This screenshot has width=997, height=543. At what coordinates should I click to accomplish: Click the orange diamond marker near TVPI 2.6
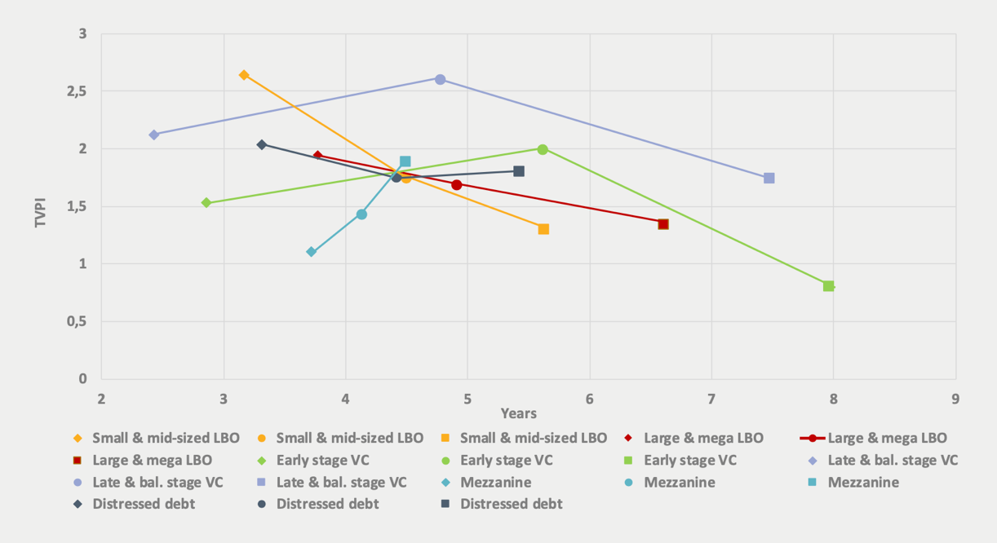[244, 75]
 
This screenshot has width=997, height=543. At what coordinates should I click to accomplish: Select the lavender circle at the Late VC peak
[440, 79]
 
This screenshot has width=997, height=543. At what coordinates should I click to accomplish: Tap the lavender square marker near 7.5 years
[769, 178]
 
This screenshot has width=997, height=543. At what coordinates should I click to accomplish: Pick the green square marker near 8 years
[828, 286]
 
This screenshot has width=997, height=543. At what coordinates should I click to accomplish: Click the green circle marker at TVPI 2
[543, 149]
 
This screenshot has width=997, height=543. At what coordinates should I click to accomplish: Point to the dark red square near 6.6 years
[663, 224]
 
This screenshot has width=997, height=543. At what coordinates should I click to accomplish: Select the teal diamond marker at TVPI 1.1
[311, 252]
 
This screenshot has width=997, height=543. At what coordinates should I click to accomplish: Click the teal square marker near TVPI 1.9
[405, 161]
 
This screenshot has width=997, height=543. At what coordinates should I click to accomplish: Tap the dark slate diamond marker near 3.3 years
[262, 144]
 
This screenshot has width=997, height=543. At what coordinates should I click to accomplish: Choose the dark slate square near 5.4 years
[519, 171]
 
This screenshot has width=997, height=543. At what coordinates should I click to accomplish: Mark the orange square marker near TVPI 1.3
[543, 229]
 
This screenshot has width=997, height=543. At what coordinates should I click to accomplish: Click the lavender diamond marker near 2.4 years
[153, 135]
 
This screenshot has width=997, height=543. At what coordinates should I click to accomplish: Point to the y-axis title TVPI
[41, 207]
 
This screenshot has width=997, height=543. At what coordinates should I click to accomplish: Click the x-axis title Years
[519, 413]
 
